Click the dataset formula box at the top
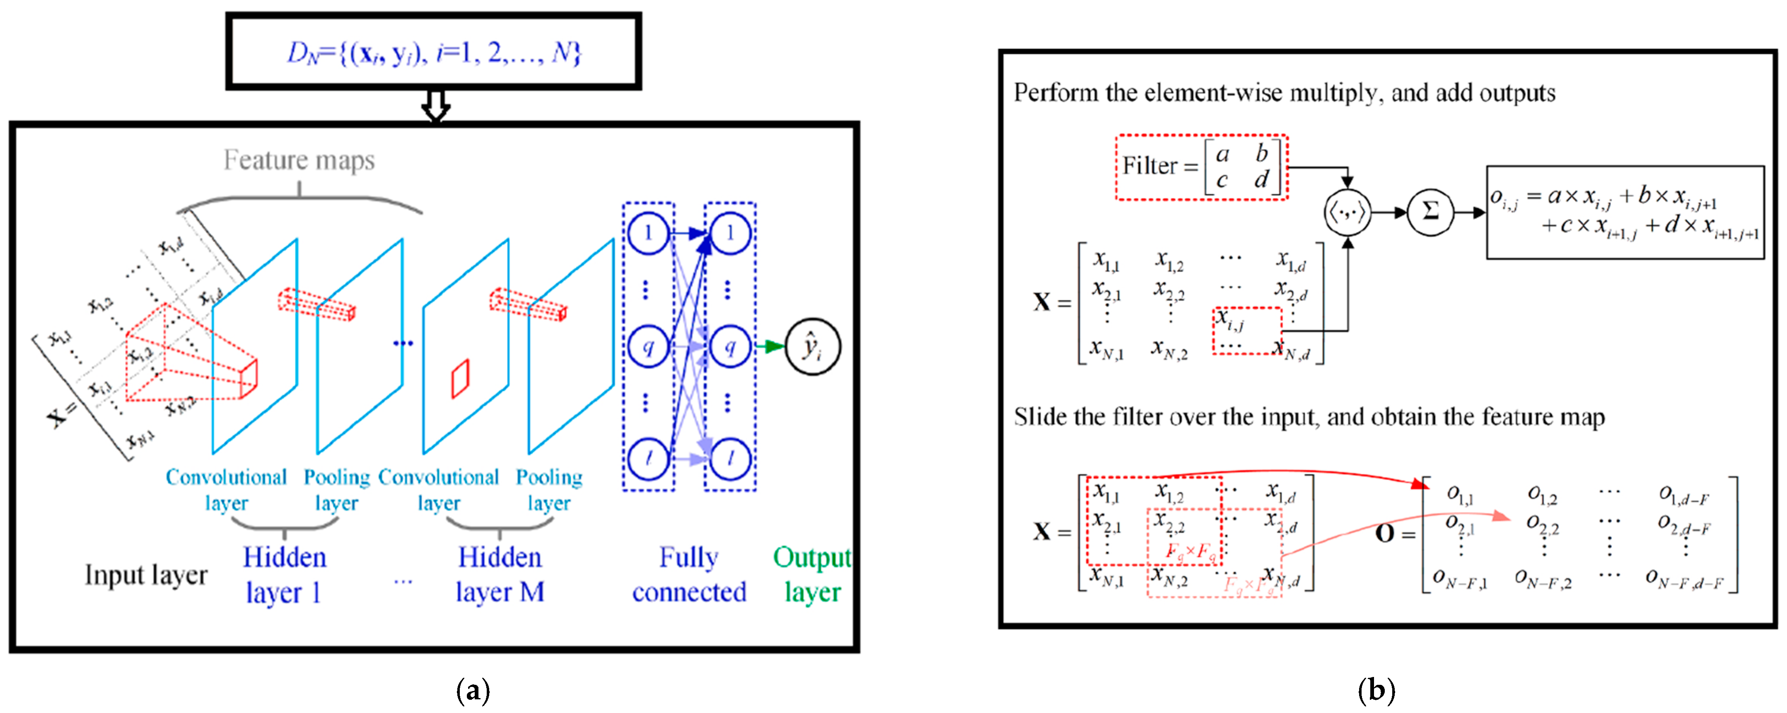434,52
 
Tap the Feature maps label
299,160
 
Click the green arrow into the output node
770,346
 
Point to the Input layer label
146,575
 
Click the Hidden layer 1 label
284,575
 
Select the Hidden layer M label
500,575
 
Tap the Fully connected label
689,575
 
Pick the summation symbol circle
1430,212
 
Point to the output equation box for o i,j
1625,212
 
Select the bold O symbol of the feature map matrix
1385,533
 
